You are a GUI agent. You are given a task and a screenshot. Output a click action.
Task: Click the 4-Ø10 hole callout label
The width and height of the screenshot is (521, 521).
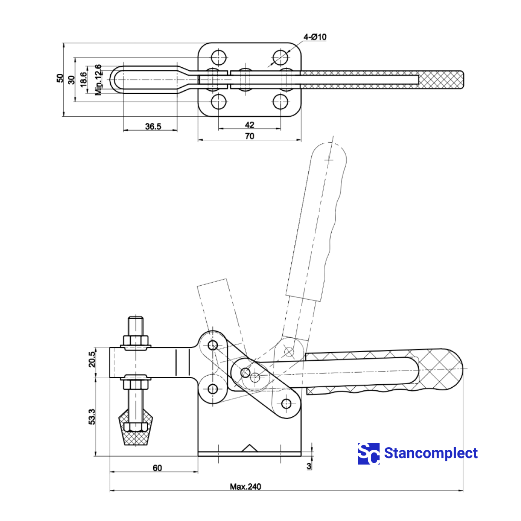coord(315,37)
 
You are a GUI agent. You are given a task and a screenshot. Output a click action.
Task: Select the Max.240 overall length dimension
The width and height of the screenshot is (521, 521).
coord(245,487)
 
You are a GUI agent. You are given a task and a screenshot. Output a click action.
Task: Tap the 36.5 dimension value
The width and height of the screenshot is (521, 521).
coord(153,126)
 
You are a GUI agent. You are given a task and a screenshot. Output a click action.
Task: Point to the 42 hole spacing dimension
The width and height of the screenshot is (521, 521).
coord(249,125)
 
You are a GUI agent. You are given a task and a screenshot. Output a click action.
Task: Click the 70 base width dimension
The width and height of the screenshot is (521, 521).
coord(249,136)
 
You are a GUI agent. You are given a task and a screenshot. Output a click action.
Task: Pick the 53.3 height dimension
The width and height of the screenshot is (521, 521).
coord(92,416)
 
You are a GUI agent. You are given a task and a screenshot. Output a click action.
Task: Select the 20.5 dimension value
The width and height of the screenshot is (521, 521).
coord(92,359)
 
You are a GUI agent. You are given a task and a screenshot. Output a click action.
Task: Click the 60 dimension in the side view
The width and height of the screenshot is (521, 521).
coord(157,468)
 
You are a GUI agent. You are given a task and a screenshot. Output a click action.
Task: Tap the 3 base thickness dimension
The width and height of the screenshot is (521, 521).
coord(309,466)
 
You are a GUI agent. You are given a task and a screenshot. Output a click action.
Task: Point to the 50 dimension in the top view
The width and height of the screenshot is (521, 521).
coord(60,78)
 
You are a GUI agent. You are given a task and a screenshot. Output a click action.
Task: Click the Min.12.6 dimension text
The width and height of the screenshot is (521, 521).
coord(99,79)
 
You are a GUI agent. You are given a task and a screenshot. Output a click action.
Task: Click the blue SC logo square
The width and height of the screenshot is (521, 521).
coord(369,454)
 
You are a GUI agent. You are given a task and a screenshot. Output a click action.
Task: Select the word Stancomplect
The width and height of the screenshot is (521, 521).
coord(431,453)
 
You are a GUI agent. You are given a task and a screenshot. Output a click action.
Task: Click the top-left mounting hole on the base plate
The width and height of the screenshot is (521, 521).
coord(219,57)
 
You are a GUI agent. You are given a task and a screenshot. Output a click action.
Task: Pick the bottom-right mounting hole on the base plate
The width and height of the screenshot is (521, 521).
coord(280,102)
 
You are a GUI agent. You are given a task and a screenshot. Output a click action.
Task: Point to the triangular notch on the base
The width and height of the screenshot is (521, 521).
coord(249,448)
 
